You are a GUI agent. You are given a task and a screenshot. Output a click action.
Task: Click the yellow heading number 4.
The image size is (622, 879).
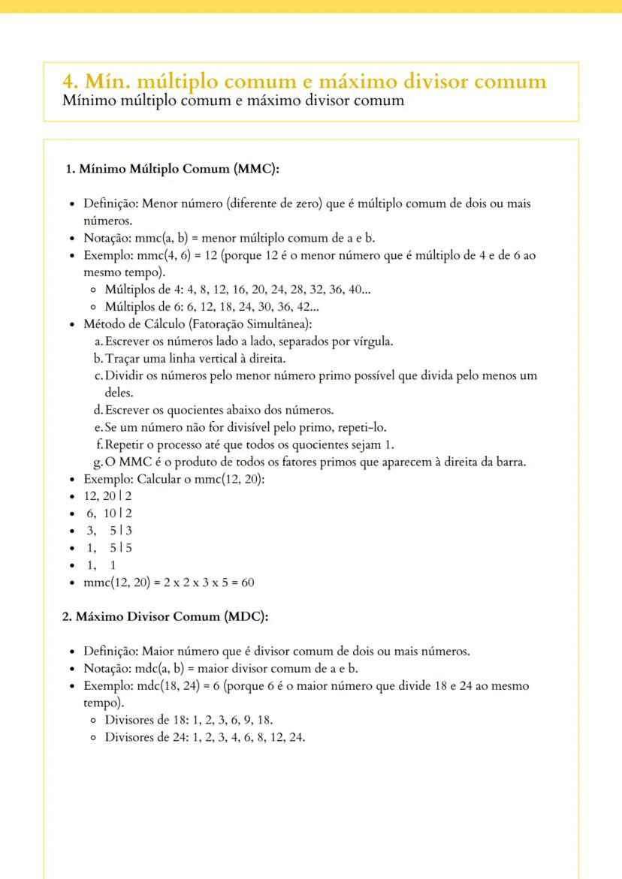pyautogui.click(x=68, y=83)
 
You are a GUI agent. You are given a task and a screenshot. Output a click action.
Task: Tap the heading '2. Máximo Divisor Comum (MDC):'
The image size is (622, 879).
pyautogui.click(x=165, y=616)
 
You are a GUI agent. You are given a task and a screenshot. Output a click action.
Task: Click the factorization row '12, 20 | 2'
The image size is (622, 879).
pyautogui.click(x=108, y=496)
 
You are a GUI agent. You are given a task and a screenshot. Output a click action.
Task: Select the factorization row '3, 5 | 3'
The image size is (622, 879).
pyautogui.click(x=108, y=531)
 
